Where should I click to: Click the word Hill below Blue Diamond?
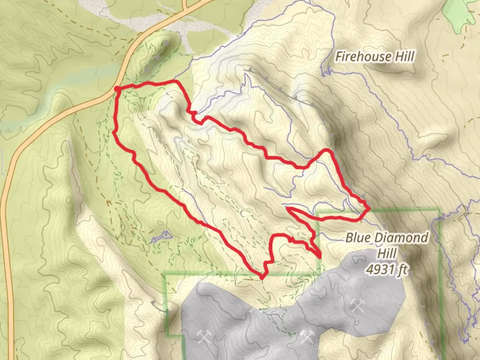tap(387, 253)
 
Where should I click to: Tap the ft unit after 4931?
tap(402, 269)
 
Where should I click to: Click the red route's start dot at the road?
tap(117, 88)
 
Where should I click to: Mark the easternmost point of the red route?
tap(369, 209)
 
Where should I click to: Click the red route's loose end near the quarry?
tap(320, 256)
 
